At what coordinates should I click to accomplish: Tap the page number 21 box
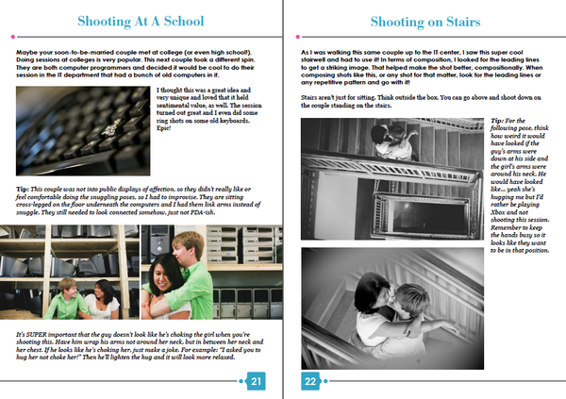tap(255, 381)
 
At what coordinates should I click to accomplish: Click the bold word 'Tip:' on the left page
tap(23, 189)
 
